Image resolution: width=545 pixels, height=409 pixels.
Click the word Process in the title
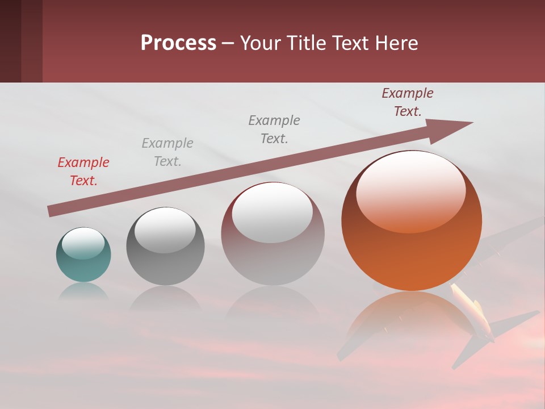click(178, 43)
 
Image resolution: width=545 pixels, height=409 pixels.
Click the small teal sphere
click(83, 255)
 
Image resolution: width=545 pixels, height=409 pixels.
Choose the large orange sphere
click(412, 222)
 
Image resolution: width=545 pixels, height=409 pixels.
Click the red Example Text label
click(83, 172)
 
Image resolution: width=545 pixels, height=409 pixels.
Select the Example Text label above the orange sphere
click(408, 102)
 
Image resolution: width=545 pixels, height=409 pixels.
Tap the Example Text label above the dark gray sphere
click(167, 152)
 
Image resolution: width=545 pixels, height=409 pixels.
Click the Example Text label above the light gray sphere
click(274, 130)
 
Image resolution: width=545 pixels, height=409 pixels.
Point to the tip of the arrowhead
click(472, 123)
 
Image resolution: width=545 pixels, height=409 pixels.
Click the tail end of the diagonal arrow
click(50, 211)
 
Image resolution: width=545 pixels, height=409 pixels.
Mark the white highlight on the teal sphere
click(83, 244)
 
